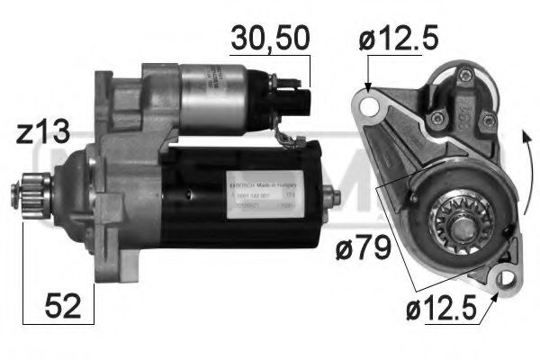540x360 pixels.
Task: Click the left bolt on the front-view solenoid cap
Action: [x=440, y=116]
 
